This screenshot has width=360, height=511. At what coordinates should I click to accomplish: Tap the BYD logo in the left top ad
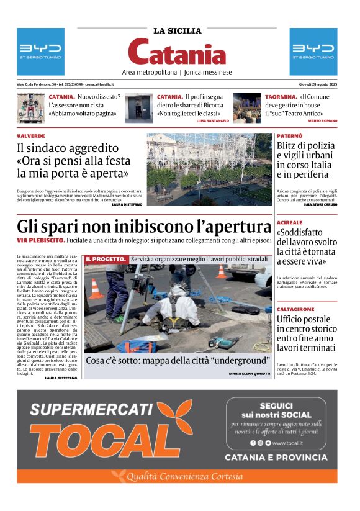pos(40,48)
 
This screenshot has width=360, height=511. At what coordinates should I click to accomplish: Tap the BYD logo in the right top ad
pos(313,48)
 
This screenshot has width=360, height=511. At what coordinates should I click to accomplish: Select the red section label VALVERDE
pos(31,135)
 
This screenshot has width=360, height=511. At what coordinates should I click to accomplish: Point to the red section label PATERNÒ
pos(290,135)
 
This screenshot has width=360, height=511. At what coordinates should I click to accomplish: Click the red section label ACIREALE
pos(290,222)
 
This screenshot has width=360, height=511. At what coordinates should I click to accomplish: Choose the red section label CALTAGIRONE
pos(295,309)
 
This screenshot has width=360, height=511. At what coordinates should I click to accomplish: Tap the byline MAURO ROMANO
pos(323,120)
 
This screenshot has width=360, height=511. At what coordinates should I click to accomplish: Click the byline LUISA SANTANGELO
pos(212,120)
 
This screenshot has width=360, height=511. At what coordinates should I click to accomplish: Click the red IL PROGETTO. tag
pos(106,258)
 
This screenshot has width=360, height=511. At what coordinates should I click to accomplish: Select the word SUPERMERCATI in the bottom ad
pos(91,409)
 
